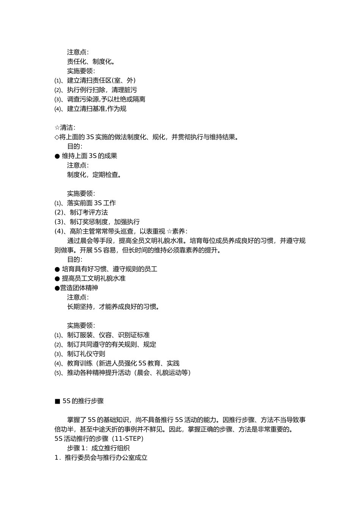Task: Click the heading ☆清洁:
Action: pos(65,128)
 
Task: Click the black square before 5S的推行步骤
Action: pos(58,401)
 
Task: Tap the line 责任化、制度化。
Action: pos(91,61)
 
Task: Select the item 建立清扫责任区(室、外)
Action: pos(101,80)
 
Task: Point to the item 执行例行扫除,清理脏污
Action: pos(102,90)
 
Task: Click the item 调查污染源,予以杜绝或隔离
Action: pos(106,99)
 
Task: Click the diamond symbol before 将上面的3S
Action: pos(57,137)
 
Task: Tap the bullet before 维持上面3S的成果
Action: pos(57,156)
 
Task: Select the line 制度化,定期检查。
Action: pos(94,175)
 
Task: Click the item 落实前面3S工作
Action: pos(91,203)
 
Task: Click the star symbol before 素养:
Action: pos(169,231)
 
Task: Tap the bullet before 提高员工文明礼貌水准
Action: pos(57,278)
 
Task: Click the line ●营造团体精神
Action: pos(77,288)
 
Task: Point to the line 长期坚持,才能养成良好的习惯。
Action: pos(113,307)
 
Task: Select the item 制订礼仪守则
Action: pos(86,354)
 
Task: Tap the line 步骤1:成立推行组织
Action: pos(99,448)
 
